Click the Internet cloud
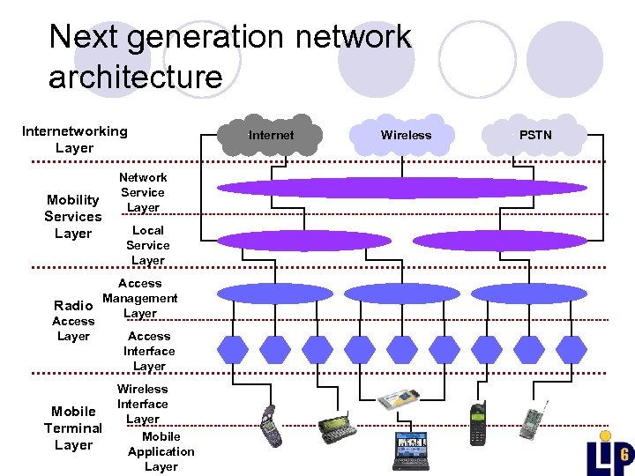[271, 135]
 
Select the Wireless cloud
[406, 135]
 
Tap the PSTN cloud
[534, 135]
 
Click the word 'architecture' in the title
[135, 77]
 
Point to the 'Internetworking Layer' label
[74, 139]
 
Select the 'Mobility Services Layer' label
[73, 217]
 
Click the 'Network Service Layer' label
[143, 192]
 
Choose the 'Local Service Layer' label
[147, 245]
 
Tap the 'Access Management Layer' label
[139, 298]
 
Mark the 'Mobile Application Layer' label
[161, 451]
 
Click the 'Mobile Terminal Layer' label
[73, 428]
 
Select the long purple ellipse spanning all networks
[401, 188]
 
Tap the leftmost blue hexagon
[233, 350]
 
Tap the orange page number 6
[623, 456]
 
